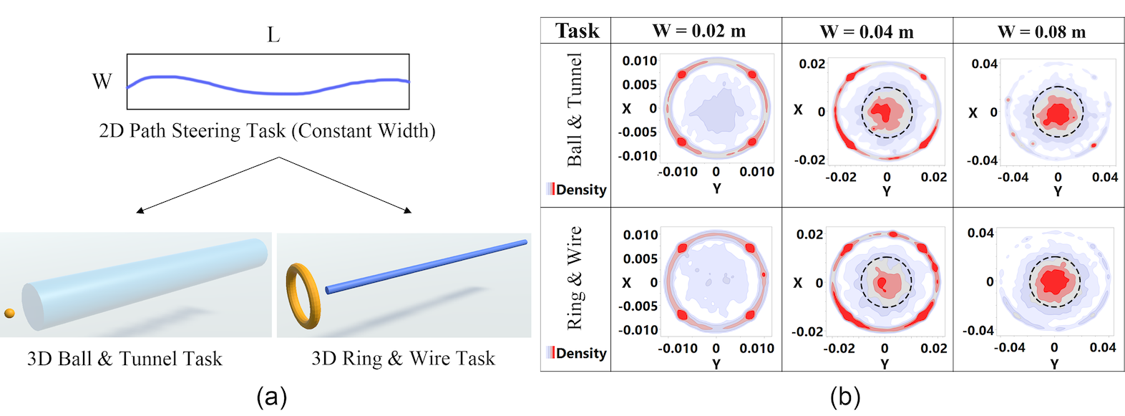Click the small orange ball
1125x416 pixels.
pos(9,313)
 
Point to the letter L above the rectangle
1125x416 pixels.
pos(273,34)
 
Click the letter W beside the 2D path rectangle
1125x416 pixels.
pos(102,82)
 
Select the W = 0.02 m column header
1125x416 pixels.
pos(698,32)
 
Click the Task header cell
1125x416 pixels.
pos(577,31)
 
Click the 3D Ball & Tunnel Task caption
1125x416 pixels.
pos(125,359)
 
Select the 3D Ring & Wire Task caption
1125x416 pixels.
pos(403,359)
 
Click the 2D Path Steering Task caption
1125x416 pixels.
pos(267,131)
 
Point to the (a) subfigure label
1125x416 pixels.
pos(271,396)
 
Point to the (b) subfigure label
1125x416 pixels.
pos(844,396)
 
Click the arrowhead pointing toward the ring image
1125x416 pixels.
pos(408,211)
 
